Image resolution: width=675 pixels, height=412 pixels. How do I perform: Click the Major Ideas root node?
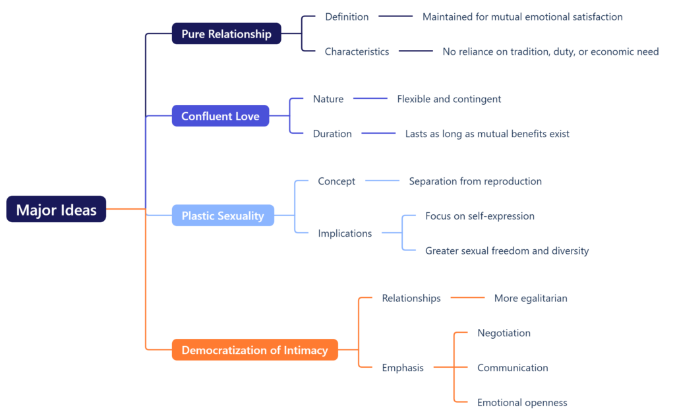pos(56,210)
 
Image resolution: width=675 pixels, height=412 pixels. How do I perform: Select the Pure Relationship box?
pos(226,34)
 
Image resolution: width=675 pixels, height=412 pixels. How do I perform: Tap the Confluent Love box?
pos(220,116)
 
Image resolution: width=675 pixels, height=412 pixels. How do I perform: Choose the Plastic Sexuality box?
pos(223,216)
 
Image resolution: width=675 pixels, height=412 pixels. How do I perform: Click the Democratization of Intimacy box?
pos(254,350)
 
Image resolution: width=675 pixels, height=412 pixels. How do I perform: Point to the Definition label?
pos(347,16)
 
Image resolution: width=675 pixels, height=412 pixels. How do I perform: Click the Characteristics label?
pos(357,51)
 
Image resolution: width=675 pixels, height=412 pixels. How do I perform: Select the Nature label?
pos(328,99)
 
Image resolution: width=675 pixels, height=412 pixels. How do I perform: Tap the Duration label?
pos(332,134)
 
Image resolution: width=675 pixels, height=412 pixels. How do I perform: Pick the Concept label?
pos(336,181)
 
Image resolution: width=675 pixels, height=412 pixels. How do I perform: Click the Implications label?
pos(345,233)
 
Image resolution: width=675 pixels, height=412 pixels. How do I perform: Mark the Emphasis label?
pos(403,368)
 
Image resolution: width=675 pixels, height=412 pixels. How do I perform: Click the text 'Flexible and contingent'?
pos(449,99)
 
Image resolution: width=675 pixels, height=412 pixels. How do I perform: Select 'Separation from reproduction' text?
pos(475,181)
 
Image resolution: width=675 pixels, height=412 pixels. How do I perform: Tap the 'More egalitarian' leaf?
pos(531,298)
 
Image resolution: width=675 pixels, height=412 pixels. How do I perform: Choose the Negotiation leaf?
pos(504,333)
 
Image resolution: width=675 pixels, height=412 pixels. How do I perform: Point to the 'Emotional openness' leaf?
pos(522,403)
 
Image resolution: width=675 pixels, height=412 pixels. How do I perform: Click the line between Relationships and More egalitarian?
pos(467,298)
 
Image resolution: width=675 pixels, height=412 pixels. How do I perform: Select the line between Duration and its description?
pos(378,134)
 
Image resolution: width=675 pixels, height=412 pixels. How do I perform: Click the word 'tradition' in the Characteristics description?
pos(529,51)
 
